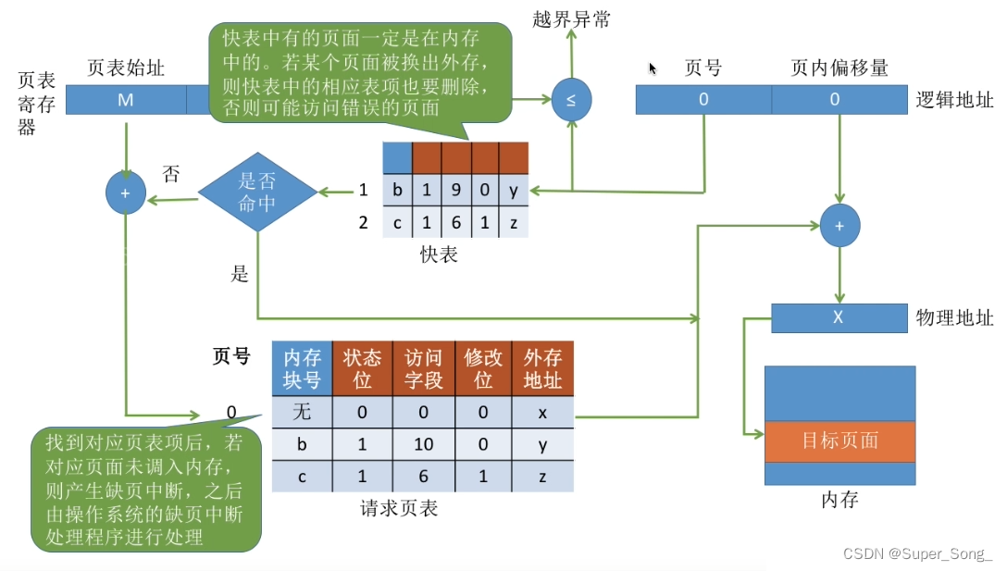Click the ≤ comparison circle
[571, 100]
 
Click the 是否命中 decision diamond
[257, 192]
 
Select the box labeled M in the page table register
[126, 100]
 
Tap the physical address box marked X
[839, 317]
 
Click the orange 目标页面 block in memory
[839, 441]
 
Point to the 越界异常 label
[571, 19]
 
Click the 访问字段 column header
[423, 368]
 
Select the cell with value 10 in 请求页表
[423, 444]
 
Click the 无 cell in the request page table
[302, 412]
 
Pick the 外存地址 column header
[542, 368]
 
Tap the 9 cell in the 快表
[456, 190]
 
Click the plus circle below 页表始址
[125, 192]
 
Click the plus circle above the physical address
[839, 226]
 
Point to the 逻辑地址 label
[954, 100]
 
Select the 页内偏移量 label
[839, 68]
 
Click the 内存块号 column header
[302, 368]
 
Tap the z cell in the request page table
[542, 476]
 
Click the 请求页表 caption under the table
[399, 509]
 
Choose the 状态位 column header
[362, 368]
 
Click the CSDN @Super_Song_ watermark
[918, 553]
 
